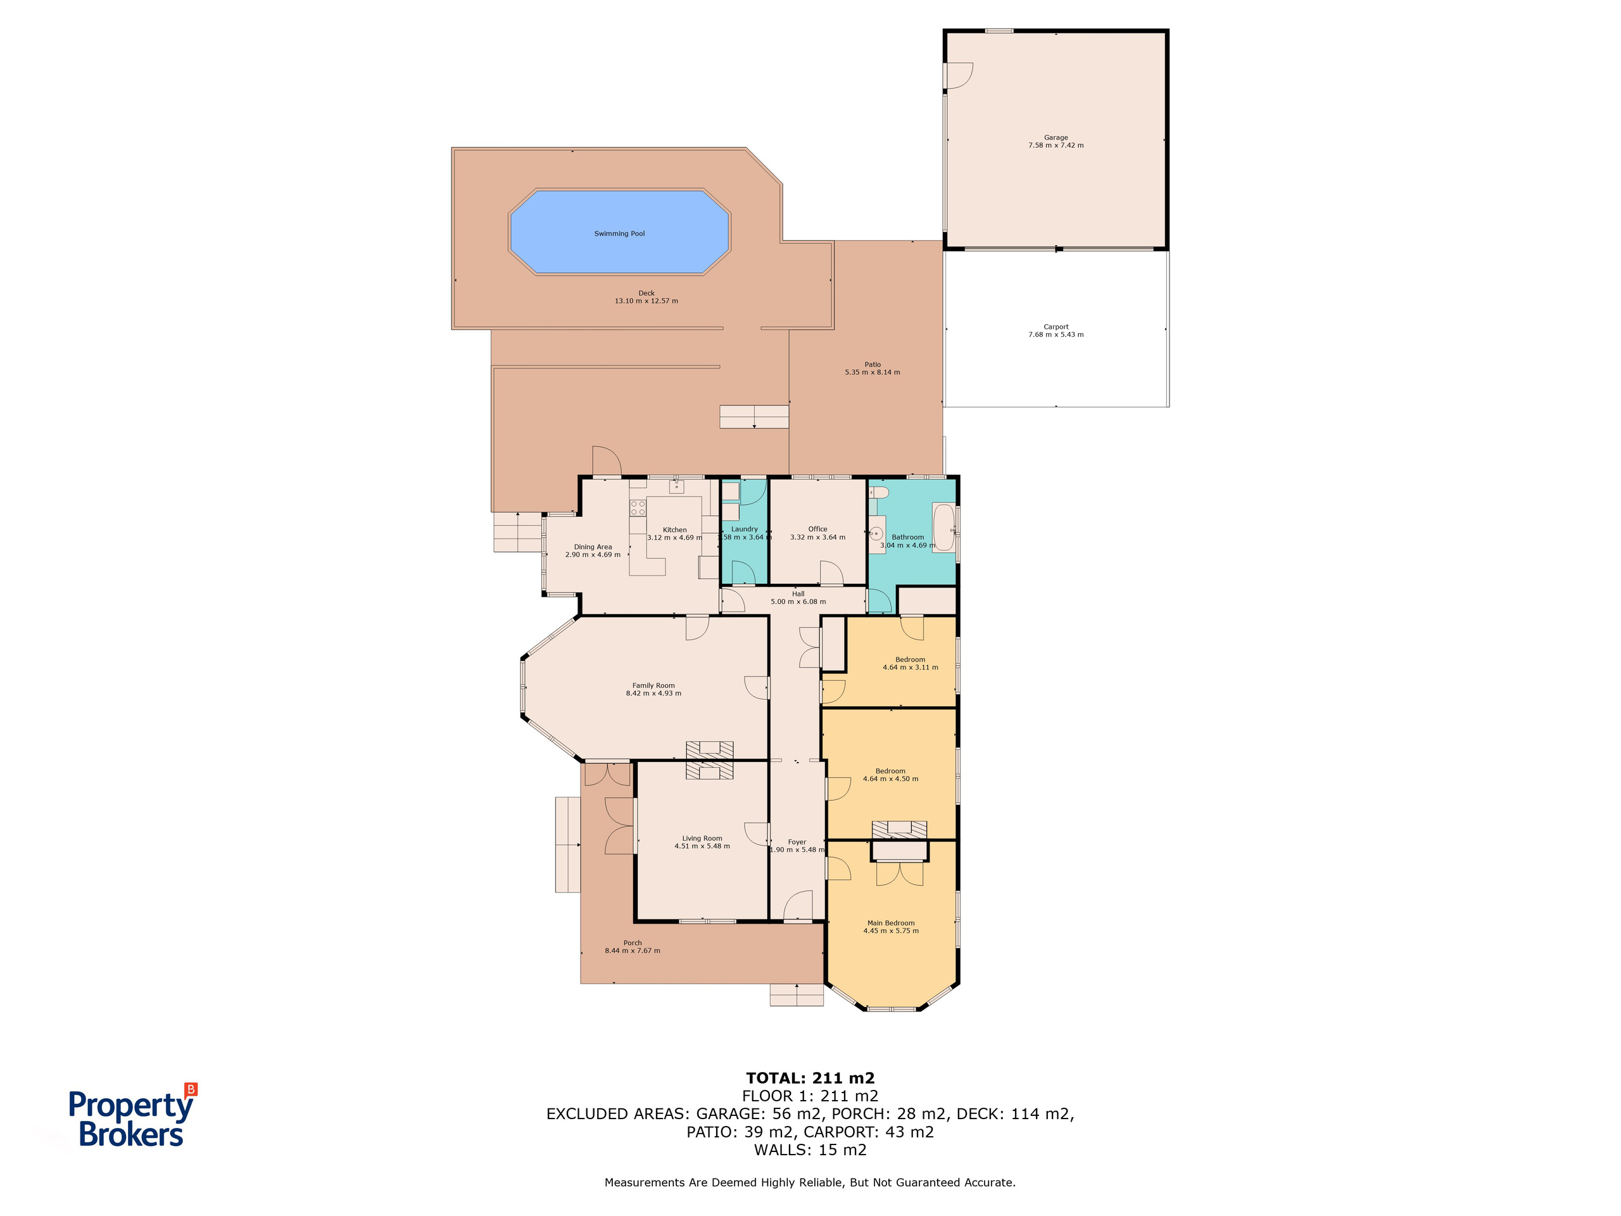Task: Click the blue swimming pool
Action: (x=620, y=232)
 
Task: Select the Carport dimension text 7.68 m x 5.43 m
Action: (x=1056, y=335)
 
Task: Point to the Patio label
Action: (x=872, y=364)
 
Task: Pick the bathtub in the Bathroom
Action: (x=943, y=528)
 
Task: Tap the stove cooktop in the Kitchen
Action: (x=638, y=507)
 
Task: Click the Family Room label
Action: (x=653, y=686)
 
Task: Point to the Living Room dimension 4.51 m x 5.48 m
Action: (x=702, y=847)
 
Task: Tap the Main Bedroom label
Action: (x=891, y=923)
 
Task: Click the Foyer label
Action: (x=797, y=843)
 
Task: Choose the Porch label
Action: (x=633, y=943)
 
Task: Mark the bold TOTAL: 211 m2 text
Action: (x=810, y=1078)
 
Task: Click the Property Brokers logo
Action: (x=132, y=1115)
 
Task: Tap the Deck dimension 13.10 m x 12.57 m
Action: (x=647, y=301)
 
